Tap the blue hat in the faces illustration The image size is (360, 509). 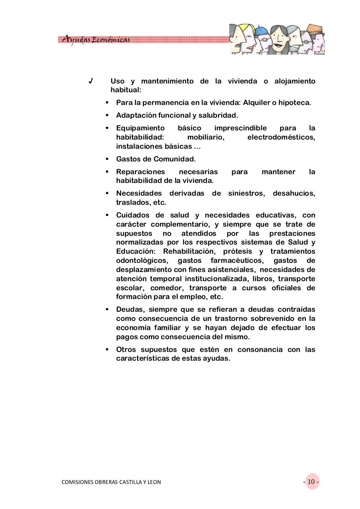(x=261, y=31)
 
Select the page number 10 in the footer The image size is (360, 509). (x=311, y=482)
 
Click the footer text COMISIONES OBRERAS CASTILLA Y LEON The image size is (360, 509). (x=111, y=482)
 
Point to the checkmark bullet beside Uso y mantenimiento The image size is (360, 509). (x=91, y=81)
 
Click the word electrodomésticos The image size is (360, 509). (x=281, y=137)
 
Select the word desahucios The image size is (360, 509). (x=294, y=193)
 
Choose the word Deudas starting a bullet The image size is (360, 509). (x=127, y=309)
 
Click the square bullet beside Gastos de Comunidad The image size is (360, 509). (x=107, y=159)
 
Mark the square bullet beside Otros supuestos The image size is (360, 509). (x=107, y=350)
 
